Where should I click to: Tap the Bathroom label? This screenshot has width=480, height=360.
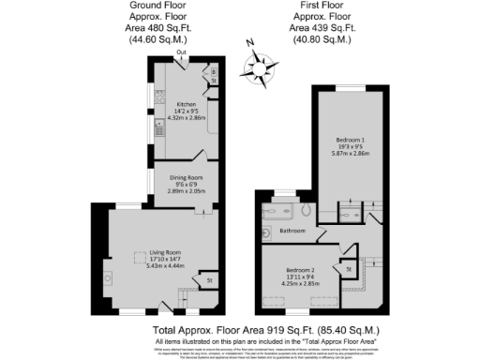(292, 230)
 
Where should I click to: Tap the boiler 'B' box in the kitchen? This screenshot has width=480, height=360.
(213, 72)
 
